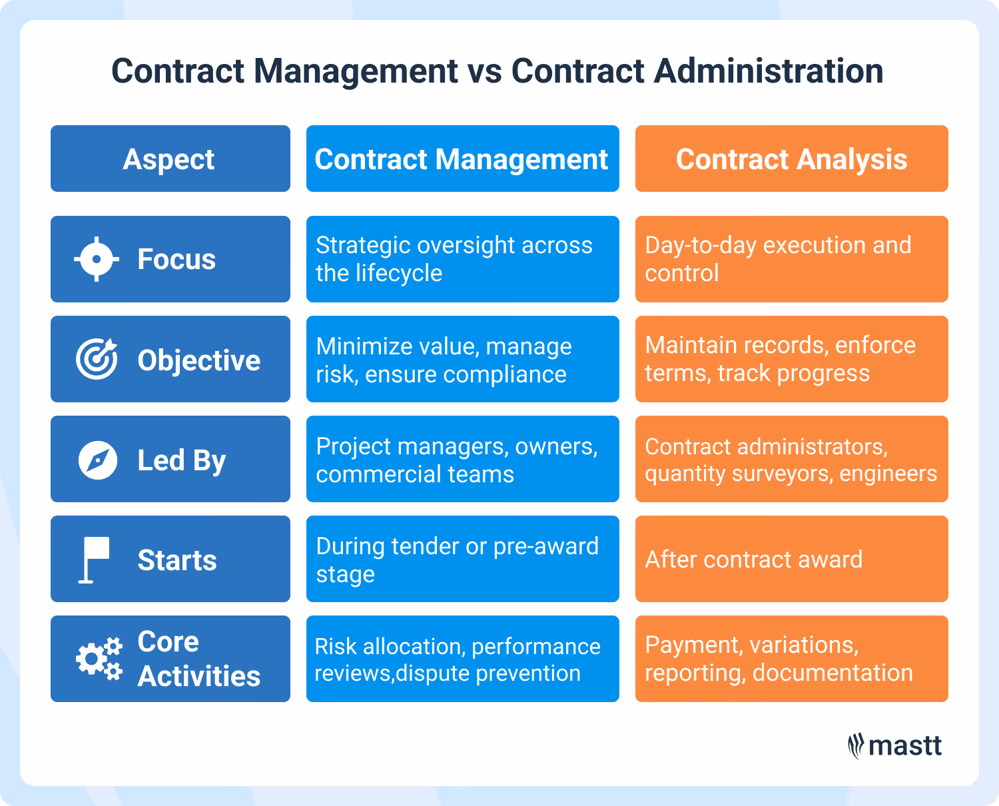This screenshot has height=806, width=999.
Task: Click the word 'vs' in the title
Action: pos(484,71)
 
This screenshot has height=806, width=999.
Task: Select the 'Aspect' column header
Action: pos(169,159)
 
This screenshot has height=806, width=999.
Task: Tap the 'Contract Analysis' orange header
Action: pos(791,159)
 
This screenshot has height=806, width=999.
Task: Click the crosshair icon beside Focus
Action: pos(97,259)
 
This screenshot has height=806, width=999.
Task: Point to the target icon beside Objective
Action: pos(97,359)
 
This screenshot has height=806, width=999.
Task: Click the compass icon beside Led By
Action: pos(97,460)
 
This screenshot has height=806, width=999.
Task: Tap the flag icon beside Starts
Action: pos(94,560)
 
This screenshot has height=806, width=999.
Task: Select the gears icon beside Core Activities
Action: pos(99,659)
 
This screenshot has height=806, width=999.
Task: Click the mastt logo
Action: pos(895,746)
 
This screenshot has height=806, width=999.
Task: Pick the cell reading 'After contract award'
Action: pos(753,560)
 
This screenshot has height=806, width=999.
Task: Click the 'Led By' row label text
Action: pos(181,460)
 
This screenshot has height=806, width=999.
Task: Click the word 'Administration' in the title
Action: pos(769,71)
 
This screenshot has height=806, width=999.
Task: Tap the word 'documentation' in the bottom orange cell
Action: pos(832,673)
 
